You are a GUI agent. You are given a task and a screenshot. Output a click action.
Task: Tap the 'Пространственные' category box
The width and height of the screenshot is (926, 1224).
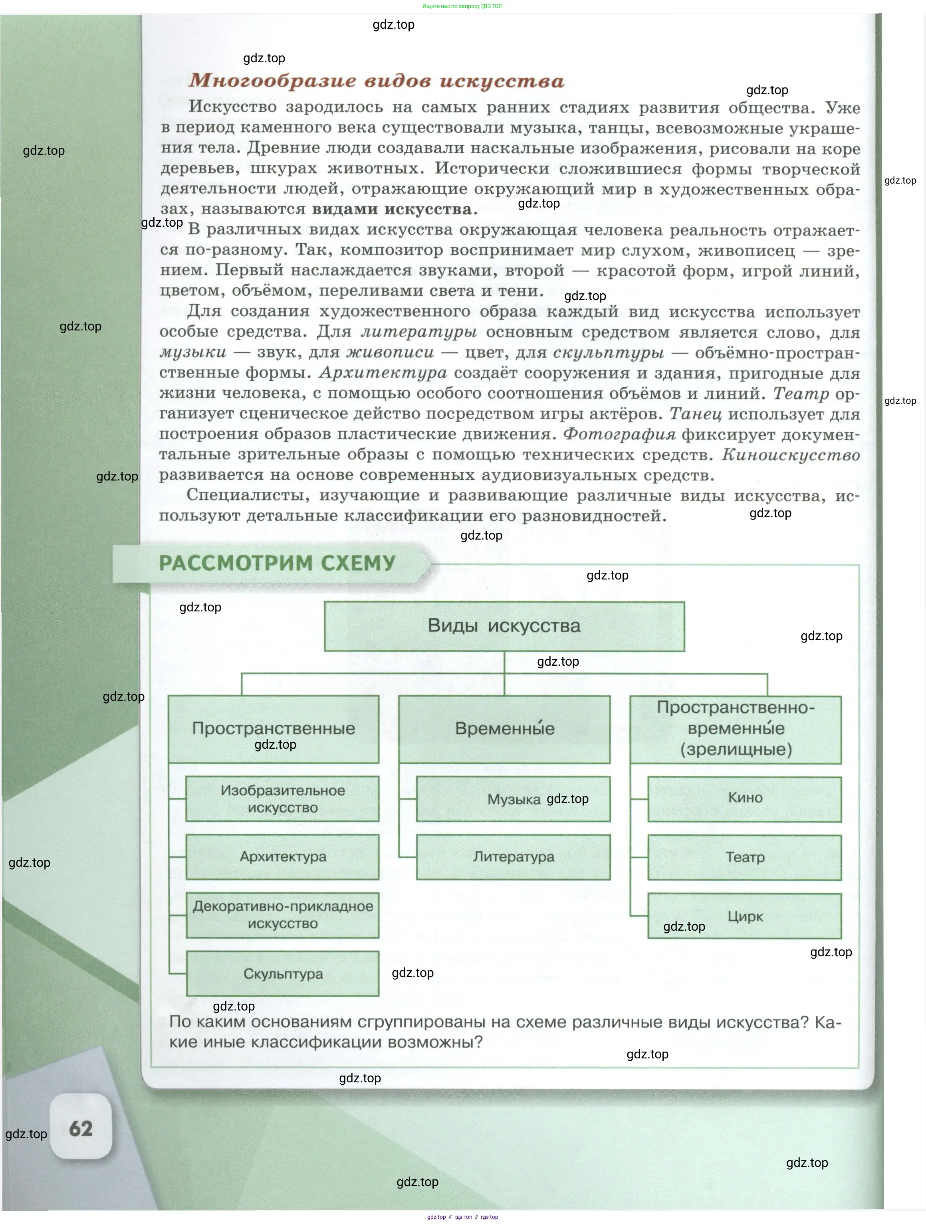click(x=274, y=728)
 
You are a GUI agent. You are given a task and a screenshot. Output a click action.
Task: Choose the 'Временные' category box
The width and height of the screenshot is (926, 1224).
click(x=504, y=728)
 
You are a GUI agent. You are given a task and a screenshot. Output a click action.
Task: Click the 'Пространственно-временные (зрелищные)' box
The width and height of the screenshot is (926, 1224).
click(x=736, y=728)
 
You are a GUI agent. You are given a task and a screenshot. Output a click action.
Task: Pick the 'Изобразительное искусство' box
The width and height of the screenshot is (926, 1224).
click(x=282, y=799)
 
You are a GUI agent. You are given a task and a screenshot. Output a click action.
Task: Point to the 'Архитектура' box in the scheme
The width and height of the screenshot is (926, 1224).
click(x=282, y=856)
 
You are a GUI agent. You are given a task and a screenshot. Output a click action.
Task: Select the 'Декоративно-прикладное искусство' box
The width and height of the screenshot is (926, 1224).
click(x=282, y=915)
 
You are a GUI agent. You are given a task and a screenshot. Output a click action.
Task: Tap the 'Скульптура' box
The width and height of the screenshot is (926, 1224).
click(x=282, y=973)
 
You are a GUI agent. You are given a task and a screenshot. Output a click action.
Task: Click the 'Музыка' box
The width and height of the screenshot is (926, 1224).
click(x=513, y=799)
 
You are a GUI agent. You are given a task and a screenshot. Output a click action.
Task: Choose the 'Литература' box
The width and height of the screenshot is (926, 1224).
click(x=513, y=856)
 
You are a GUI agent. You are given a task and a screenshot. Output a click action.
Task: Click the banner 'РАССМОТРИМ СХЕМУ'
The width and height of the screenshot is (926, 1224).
click(x=277, y=563)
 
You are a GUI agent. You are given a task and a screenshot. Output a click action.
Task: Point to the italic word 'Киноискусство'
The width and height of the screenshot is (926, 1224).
click(x=790, y=455)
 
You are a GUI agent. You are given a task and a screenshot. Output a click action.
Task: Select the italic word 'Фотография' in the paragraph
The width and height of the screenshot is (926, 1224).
click(x=619, y=434)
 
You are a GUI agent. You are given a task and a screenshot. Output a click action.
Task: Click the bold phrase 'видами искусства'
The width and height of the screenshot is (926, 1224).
click(x=392, y=209)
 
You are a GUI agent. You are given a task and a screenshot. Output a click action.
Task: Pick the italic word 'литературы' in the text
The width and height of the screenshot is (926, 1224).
click(x=419, y=332)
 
